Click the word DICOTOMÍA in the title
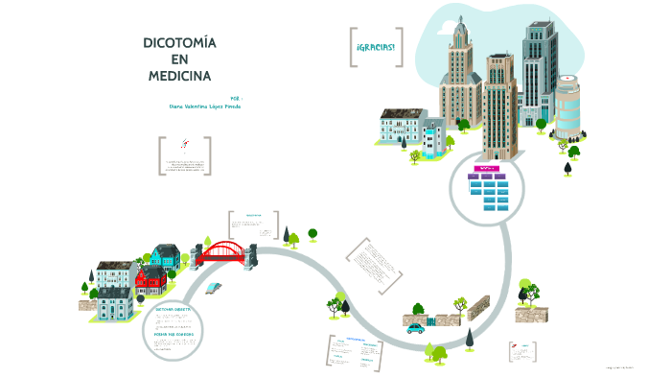pyautogui.click(x=179, y=43)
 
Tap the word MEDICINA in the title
pyautogui.click(x=179, y=75)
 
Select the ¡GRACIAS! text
pyautogui.click(x=374, y=49)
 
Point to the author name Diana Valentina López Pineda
pyautogui.click(x=204, y=106)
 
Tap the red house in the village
pyautogui.click(x=150, y=280)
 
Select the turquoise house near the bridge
pyautogui.click(x=165, y=256)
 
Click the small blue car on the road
pyautogui.click(x=415, y=328)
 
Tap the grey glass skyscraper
pyautogui.click(x=539, y=67)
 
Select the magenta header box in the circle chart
pyautogui.click(x=485, y=167)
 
